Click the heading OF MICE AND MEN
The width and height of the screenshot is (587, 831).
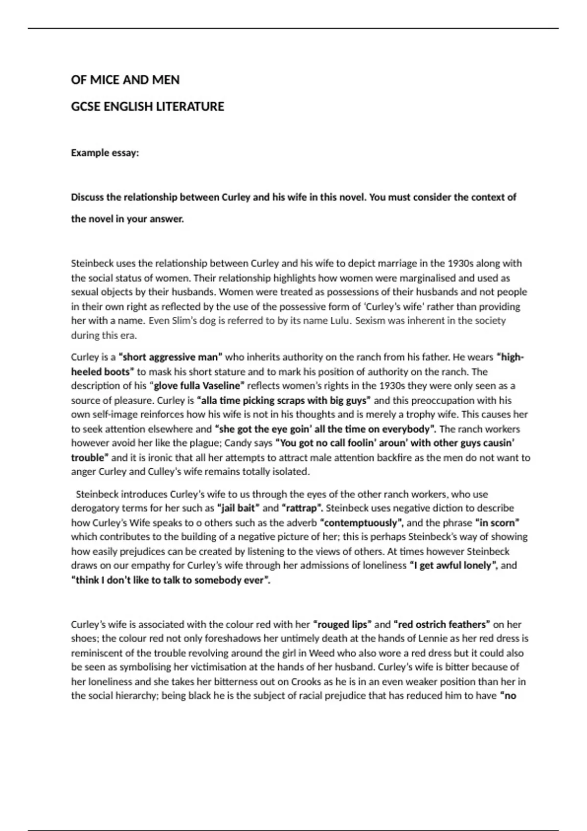coord(125,80)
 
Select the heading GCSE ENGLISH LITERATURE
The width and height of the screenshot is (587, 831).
coord(147,107)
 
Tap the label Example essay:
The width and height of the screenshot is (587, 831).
coord(105,153)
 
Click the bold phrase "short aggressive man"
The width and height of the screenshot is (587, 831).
coord(170,357)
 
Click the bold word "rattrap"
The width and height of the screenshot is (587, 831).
coord(302,508)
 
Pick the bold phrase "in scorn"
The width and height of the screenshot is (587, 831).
coord(497,523)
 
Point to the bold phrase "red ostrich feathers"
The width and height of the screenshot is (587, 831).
coord(441,624)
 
